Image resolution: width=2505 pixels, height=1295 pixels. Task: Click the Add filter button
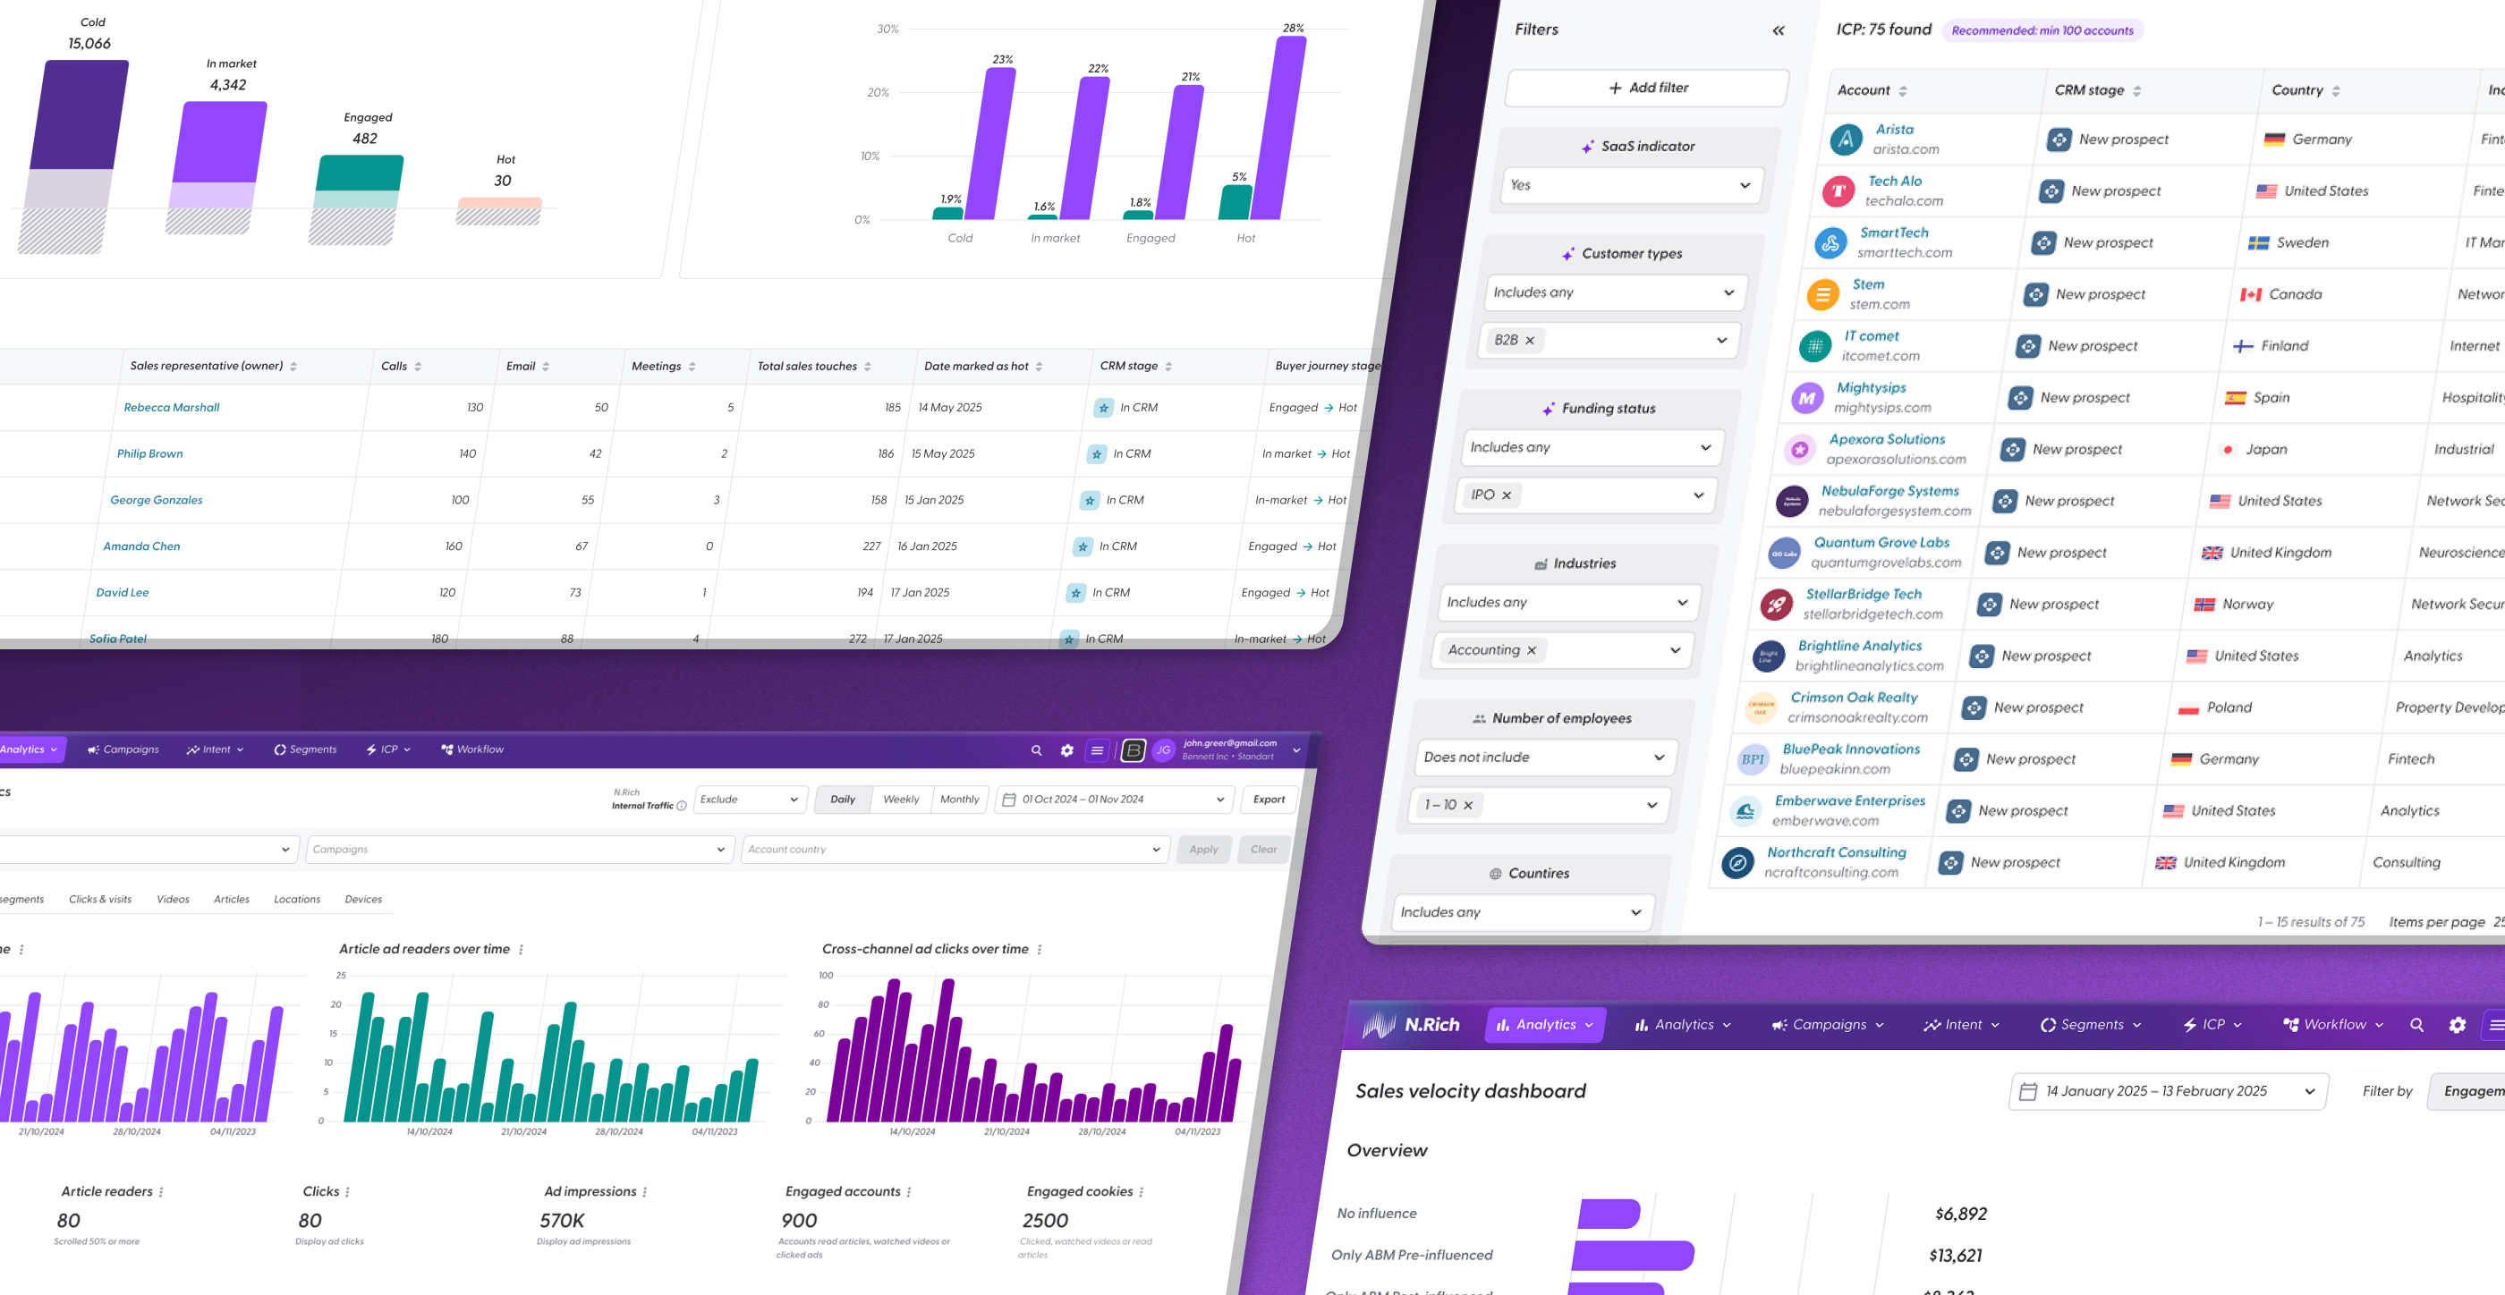pyautogui.click(x=1647, y=88)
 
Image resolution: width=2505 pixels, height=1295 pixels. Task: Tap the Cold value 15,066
pyautogui.click(x=89, y=44)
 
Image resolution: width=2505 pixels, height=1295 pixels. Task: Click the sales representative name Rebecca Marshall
pyautogui.click(x=171, y=407)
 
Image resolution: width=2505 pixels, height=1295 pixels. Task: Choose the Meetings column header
pyautogui.click(x=657, y=367)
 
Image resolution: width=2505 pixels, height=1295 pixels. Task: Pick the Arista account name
pyautogui.click(x=1894, y=130)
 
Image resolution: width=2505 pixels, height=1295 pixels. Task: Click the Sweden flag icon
pyautogui.click(x=2258, y=243)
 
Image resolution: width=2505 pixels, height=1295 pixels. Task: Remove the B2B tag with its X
pyautogui.click(x=1530, y=340)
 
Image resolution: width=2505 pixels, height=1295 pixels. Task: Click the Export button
pyautogui.click(x=1268, y=800)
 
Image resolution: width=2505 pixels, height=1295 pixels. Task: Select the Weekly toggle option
pyautogui.click(x=901, y=800)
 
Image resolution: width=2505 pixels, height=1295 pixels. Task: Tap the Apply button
pyautogui.click(x=1203, y=849)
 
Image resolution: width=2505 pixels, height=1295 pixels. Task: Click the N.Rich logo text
pyautogui.click(x=1431, y=1025)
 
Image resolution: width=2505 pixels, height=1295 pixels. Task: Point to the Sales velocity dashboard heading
pyautogui.click(x=1470, y=1091)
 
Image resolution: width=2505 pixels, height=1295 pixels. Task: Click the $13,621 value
pyautogui.click(x=1955, y=1255)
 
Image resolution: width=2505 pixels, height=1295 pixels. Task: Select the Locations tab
pyautogui.click(x=297, y=900)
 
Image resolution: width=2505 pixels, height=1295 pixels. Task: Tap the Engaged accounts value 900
pyautogui.click(x=799, y=1220)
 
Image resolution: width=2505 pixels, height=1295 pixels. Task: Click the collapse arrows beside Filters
pyautogui.click(x=1778, y=30)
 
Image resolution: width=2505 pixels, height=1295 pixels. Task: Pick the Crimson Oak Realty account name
pyautogui.click(x=1854, y=697)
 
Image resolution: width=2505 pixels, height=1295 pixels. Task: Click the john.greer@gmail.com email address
pyautogui.click(x=1229, y=743)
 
